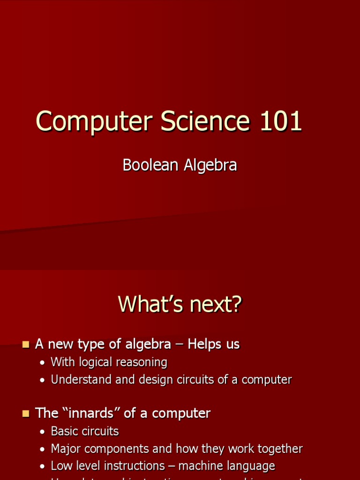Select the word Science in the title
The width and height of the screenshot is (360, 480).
(x=205, y=122)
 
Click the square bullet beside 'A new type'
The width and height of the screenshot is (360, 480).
(x=26, y=345)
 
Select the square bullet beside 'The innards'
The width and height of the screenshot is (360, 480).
(x=26, y=414)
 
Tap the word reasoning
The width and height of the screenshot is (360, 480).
(x=143, y=362)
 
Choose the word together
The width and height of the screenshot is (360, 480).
(x=279, y=449)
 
